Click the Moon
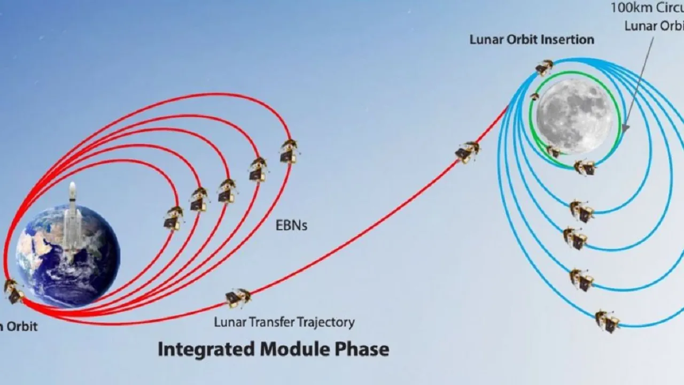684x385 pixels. tap(575, 115)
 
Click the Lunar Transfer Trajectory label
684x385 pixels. tap(284, 322)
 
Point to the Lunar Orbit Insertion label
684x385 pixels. tap(532, 40)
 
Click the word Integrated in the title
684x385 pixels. tap(206, 349)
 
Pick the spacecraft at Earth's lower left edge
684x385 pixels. tap(13, 291)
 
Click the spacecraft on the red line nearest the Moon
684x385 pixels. tap(467, 152)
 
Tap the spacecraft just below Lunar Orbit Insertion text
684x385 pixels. tap(544, 67)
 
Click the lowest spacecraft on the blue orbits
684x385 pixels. tap(608, 321)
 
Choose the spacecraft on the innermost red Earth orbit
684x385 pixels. tap(173, 218)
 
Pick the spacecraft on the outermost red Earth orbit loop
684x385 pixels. tap(289, 151)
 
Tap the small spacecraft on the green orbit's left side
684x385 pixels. tap(534, 97)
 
